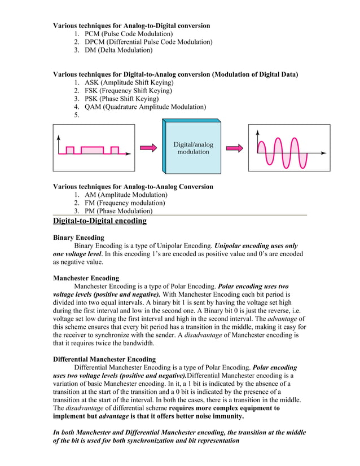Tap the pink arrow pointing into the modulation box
click(148, 148)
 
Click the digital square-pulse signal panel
click(94, 148)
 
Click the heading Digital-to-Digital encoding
click(100, 221)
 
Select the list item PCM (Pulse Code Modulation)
click(125, 34)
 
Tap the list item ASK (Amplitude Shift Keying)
click(125, 82)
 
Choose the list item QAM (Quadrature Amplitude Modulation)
click(141, 107)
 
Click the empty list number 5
click(76, 115)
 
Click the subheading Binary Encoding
click(78, 238)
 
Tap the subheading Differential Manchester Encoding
click(104, 359)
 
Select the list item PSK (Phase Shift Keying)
click(118, 99)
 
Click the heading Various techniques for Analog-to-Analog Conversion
click(133, 187)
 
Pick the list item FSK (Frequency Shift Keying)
click(124, 90)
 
